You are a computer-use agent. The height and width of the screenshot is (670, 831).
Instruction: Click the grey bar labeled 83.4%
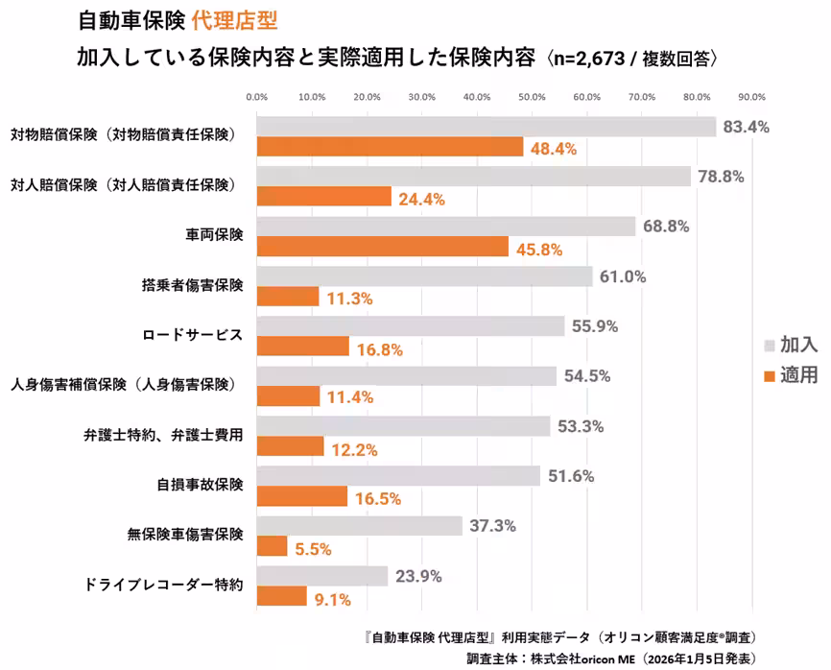[487, 127]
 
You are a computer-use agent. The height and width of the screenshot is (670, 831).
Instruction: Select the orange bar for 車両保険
[383, 247]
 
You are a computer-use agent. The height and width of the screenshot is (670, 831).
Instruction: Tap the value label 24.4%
[420, 199]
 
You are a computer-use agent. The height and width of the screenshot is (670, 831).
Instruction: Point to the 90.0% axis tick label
[751, 97]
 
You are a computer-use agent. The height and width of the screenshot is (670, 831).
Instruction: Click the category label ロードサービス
[193, 336]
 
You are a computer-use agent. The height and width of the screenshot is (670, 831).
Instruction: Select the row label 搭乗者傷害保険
[193, 285]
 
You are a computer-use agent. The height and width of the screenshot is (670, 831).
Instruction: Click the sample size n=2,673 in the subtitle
[596, 57]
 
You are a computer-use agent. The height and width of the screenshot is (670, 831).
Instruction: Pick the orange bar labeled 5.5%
[273, 546]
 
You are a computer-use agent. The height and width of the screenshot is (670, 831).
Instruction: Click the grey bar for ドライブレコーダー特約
[322, 576]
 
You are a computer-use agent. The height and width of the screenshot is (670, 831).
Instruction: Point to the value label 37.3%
[493, 526]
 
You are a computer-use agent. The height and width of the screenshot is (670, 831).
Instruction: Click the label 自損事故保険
[200, 485]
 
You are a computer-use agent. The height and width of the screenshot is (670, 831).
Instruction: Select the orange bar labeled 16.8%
[303, 347]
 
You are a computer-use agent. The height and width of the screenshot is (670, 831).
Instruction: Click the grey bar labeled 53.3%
[404, 426]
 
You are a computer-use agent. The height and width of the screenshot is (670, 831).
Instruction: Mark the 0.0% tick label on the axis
[257, 97]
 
